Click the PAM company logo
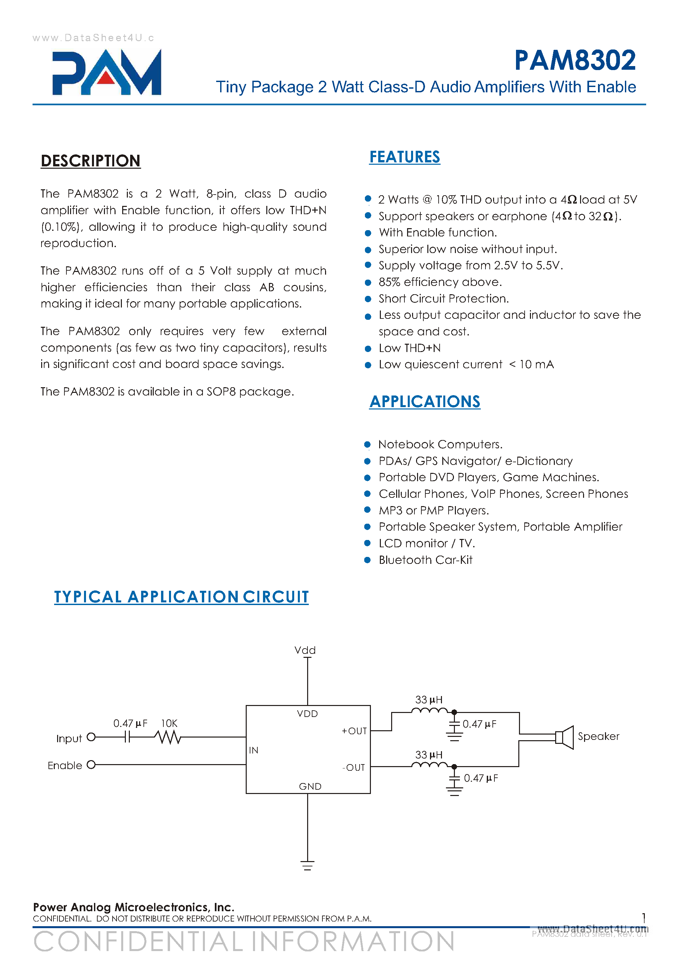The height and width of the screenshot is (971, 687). (107, 72)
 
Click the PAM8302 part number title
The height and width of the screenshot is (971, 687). (575, 60)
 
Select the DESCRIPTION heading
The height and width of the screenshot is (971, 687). (91, 161)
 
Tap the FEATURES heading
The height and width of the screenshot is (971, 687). (404, 157)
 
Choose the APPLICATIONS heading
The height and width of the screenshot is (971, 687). (425, 401)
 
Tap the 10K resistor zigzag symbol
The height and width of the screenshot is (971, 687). (168, 738)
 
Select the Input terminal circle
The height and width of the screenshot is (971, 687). (91, 738)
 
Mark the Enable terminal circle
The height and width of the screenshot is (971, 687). (91, 764)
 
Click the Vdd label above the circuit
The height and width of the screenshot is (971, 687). (305, 650)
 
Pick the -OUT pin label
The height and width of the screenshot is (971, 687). (354, 767)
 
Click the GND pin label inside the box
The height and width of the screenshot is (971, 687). (310, 786)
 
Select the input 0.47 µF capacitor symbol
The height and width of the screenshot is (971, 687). (127, 738)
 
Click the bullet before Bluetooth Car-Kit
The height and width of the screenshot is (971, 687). (368, 560)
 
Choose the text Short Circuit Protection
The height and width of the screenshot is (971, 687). (443, 299)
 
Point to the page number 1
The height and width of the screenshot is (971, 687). (644, 918)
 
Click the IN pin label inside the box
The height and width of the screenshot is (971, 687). (253, 750)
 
